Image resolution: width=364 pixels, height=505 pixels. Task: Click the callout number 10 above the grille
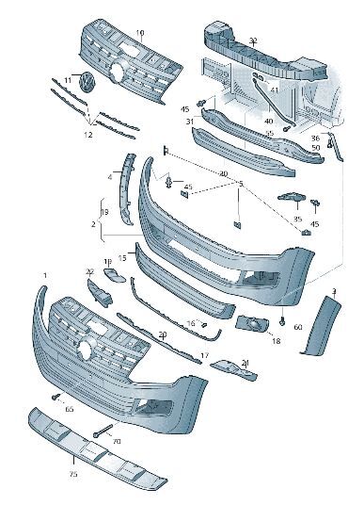tap(139, 33)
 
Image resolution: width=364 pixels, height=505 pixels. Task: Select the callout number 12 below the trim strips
tap(88, 135)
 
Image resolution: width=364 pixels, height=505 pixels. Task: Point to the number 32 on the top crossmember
tap(253, 41)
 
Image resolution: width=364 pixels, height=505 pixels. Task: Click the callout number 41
tap(274, 90)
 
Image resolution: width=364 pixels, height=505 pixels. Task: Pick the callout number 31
tap(189, 122)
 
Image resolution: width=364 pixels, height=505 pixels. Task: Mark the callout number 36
tap(315, 138)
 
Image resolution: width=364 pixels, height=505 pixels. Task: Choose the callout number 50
tap(315, 148)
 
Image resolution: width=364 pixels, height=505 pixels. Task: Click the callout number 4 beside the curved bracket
tap(109, 175)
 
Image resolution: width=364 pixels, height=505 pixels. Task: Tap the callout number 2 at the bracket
tap(93, 225)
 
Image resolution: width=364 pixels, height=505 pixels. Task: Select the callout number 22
tap(90, 271)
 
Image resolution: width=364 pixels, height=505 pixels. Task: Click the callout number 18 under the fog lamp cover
tap(276, 340)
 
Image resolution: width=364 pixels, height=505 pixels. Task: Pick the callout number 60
tap(297, 327)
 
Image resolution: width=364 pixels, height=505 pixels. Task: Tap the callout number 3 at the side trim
tap(334, 291)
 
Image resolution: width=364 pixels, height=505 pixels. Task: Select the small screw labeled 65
tap(56, 397)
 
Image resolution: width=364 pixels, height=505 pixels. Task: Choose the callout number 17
tap(204, 355)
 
